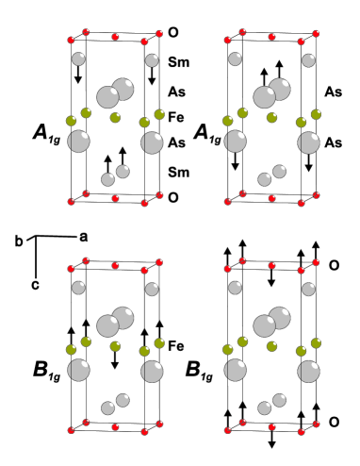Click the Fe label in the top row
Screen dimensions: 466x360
[175, 120]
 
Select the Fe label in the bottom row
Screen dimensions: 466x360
[175, 346]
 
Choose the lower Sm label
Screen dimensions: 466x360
[176, 174]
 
